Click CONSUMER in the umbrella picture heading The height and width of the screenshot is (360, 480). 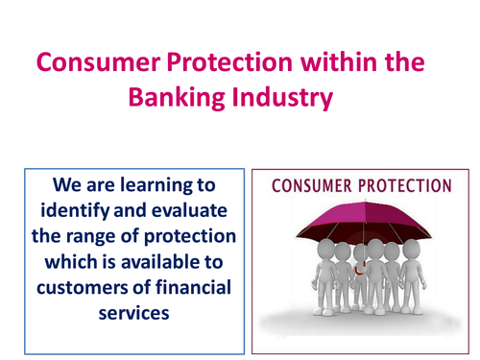[x=313, y=187]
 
